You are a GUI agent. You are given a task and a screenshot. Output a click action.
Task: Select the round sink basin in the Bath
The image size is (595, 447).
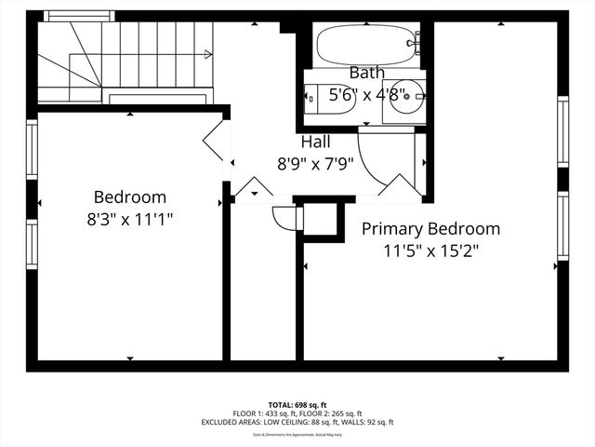pyautogui.click(x=406, y=96)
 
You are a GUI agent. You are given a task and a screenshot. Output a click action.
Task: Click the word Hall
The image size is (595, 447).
pyautogui.click(x=314, y=142)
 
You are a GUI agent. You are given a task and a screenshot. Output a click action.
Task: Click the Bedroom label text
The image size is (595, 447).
pyautogui.click(x=130, y=197)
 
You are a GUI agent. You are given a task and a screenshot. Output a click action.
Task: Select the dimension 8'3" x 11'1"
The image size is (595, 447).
pyautogui.click(x=130, y=219)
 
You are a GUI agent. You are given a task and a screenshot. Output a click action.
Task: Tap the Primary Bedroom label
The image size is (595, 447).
pyautogui.click(x=430, y=228)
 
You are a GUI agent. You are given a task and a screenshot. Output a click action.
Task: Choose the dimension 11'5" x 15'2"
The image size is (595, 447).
pyautogui.click(x=430, y=251)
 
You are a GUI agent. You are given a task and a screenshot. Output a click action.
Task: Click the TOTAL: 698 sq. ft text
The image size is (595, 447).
pyautogui.click(x=297, y=404)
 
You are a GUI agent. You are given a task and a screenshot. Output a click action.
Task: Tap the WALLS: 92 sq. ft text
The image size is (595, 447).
pyautogui.click(x=364, y=422)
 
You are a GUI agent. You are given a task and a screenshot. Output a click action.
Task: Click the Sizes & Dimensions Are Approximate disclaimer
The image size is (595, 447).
pyautogui.click(x=297, y=434)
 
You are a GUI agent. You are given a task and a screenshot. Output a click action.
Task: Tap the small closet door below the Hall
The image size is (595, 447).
pyautogui.click(x=283, y=217)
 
